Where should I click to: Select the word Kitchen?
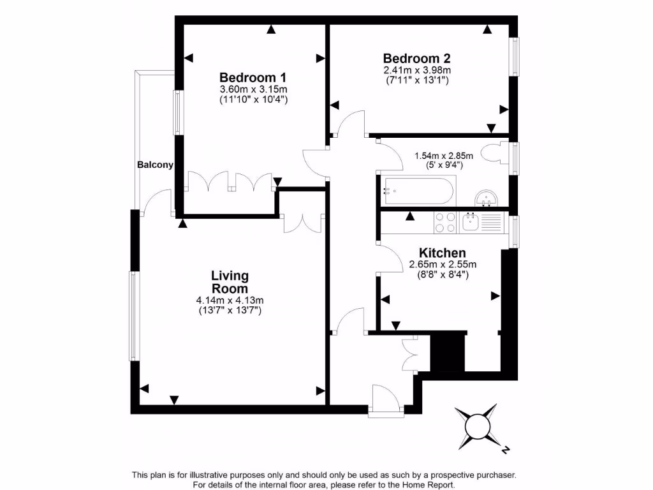442,253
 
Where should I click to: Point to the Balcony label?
155,165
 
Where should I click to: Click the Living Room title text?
230,282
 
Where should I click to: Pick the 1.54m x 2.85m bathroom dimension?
439,156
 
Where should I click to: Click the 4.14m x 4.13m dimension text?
230,301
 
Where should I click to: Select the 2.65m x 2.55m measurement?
443,265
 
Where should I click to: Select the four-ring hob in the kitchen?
444,221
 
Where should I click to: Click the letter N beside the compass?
505,449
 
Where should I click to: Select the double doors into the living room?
302,220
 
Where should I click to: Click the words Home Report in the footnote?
432,485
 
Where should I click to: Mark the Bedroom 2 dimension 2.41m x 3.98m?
417,70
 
